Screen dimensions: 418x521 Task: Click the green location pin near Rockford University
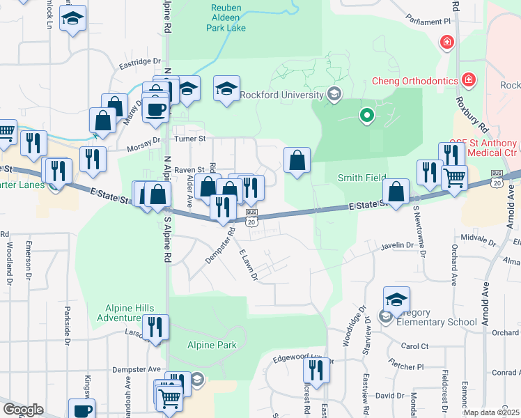tap(366, 116)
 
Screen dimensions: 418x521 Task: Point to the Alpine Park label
tap(212, 345)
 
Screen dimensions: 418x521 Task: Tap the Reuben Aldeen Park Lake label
tap(226, 18)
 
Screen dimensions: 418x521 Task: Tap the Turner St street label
tap(189, 139)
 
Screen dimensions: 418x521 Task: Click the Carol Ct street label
tap(414, 346)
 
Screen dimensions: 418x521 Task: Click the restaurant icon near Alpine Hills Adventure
tap(155, 326)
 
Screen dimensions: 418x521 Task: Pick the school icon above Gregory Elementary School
tap(396, 300)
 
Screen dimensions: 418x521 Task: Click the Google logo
tap(23, 410)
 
